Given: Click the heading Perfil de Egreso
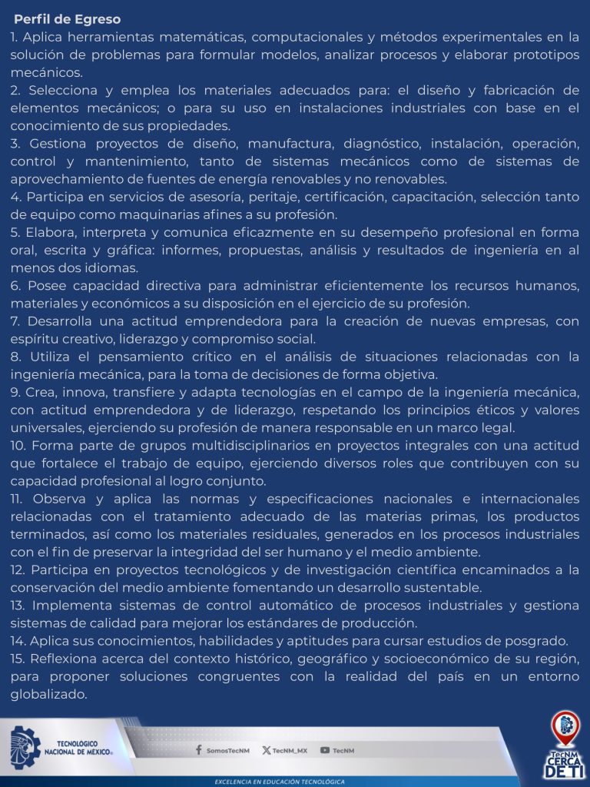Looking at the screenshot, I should point(67,19).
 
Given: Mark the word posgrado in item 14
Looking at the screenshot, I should point(537,641).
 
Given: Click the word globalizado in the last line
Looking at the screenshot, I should point(49,694).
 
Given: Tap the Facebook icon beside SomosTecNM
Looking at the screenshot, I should point(199,750).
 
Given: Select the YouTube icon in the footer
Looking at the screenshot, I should point(325,750).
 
